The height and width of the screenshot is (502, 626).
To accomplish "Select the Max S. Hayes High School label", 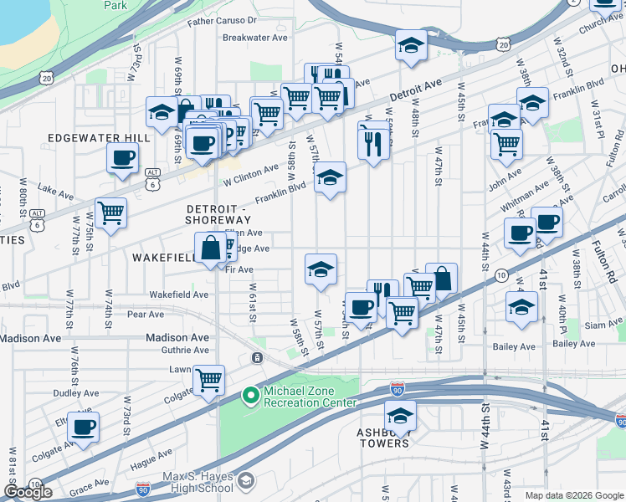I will point(198,482).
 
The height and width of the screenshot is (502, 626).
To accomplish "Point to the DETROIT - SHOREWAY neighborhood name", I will point(218,213).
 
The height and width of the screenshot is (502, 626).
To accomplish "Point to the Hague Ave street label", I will point(151,460).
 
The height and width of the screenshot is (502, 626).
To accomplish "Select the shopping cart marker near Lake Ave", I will point(110,213).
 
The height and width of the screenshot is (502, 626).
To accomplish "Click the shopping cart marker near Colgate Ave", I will point(208,379).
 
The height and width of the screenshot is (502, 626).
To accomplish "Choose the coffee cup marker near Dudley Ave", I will point(83,426).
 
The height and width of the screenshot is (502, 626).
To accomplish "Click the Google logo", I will point(28,492).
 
